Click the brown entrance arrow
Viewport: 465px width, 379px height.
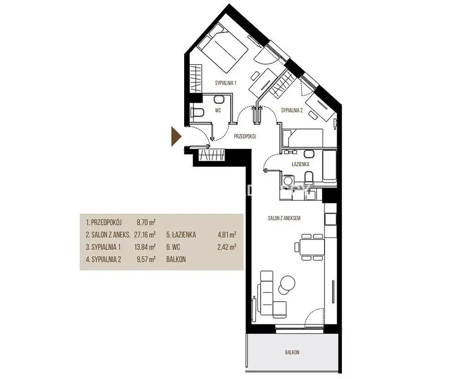tap(176, 136)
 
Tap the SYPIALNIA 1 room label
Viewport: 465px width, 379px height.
tap(226, 83)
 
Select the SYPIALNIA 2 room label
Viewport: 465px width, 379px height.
tap(292, 111)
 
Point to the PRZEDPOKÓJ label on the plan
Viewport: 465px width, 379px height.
tap(245, 136)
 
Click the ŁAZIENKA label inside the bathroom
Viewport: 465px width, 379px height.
tap(300, 164)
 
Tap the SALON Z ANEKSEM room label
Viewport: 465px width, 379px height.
tap(284, 218)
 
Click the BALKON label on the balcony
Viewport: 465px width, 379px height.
tap(292, 352)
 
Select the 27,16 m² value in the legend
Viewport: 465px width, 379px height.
tap(145, 235)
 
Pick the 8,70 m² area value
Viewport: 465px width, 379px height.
tap(146, 222)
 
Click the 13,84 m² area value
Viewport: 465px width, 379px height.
tap(145, 247)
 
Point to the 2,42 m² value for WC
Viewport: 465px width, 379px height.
tap(227, 247)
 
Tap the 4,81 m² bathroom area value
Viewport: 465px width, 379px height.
tap(227, 235)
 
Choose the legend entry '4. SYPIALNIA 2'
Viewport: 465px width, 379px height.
tap(104, 259)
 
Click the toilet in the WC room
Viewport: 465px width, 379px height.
tap(197, 113)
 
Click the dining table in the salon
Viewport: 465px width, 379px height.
tap(312, 247)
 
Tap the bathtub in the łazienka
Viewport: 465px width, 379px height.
tap(329, 166)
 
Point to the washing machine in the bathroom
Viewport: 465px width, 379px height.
tap(287, 181)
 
